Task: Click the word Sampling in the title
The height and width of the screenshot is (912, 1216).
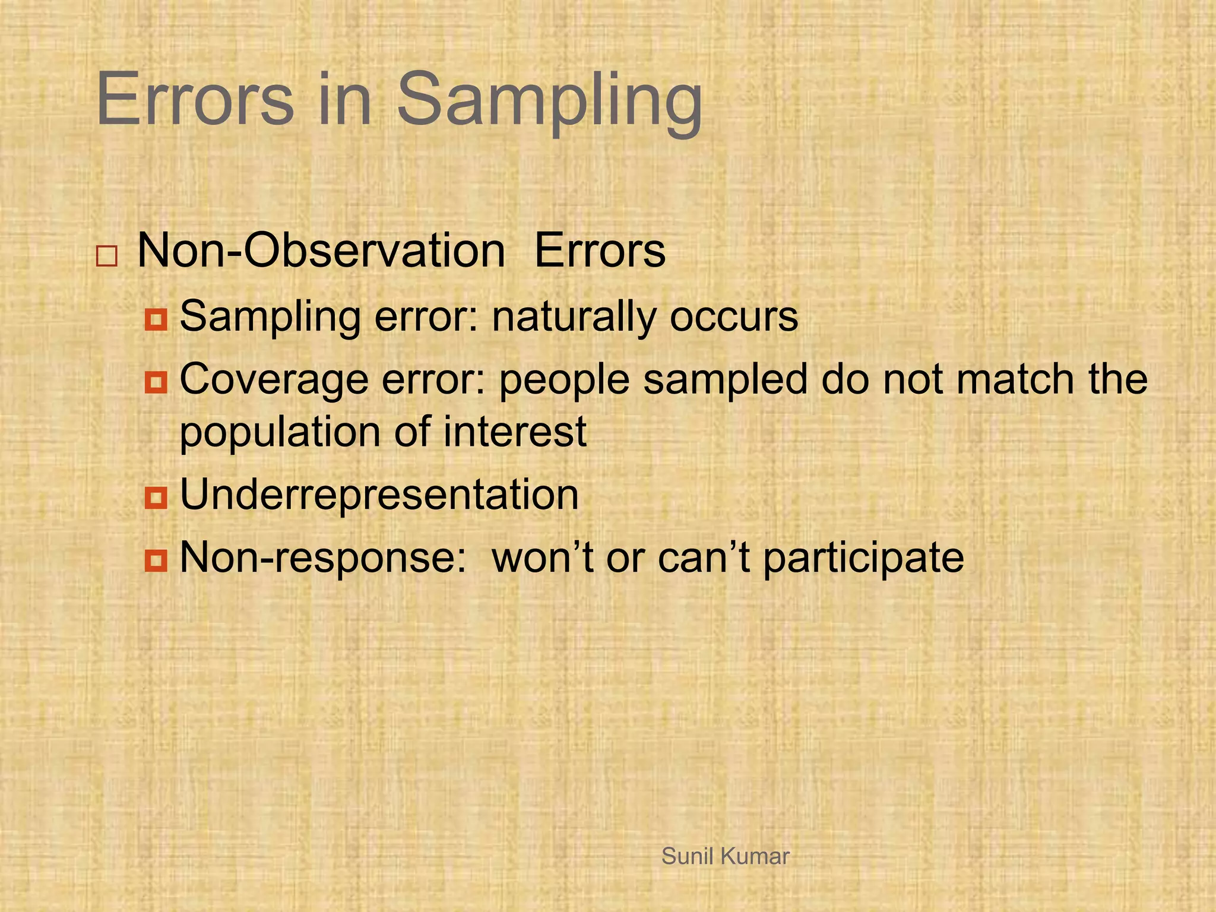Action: point(549,101)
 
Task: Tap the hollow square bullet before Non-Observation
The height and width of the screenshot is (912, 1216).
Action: point(107,256)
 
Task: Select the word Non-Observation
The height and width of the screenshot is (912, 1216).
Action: point(321,251)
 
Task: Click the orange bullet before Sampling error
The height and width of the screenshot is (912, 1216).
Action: point(156,320)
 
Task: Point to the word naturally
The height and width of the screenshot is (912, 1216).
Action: point(574,317)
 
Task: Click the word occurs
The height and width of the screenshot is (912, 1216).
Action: point(734,317)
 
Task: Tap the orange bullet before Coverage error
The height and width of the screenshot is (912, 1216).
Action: point(156,382)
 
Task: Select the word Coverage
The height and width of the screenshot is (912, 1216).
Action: point(274,380)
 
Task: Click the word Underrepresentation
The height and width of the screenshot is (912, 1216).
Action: point(379,495)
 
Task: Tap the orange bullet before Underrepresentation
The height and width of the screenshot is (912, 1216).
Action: point(156,498)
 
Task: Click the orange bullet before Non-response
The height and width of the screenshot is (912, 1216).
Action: point(156,560)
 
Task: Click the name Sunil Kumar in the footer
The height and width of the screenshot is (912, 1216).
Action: point(725,856)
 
